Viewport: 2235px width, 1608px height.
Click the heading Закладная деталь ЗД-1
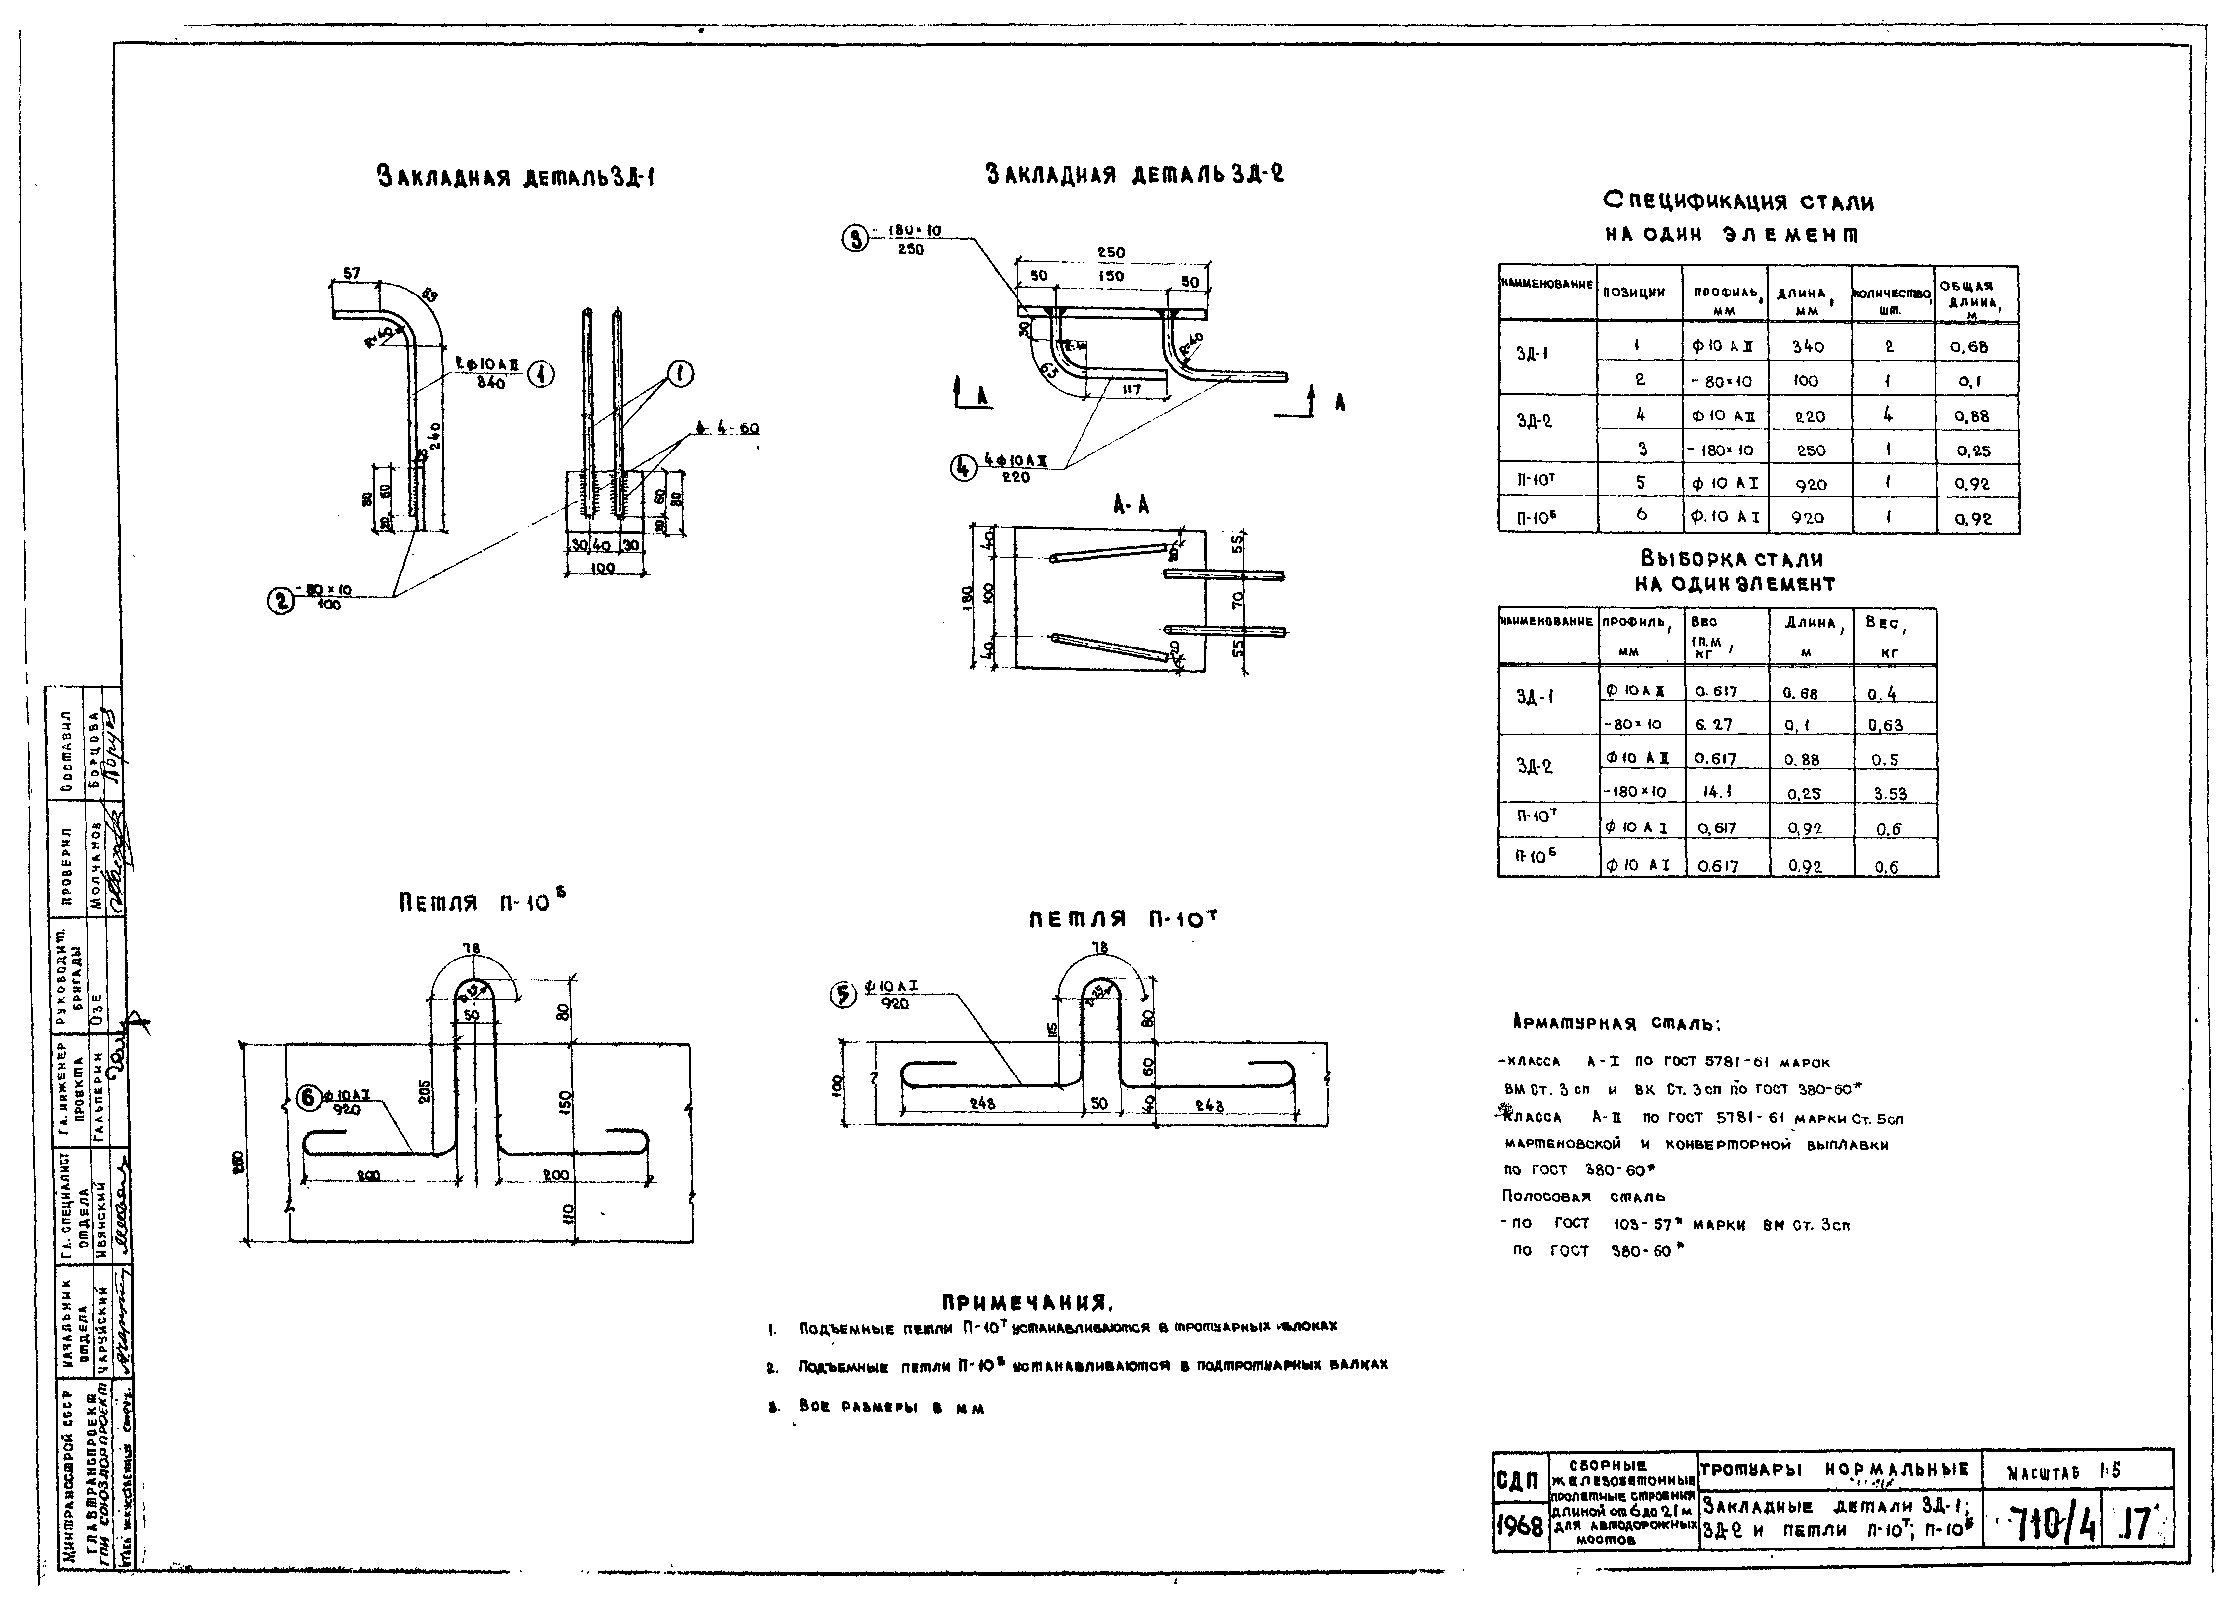tap(516, 178)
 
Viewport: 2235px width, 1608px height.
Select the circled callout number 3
tap(855, 238)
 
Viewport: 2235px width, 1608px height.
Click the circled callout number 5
tap(844, 996)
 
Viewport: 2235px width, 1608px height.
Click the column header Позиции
tap(1638, 293)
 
